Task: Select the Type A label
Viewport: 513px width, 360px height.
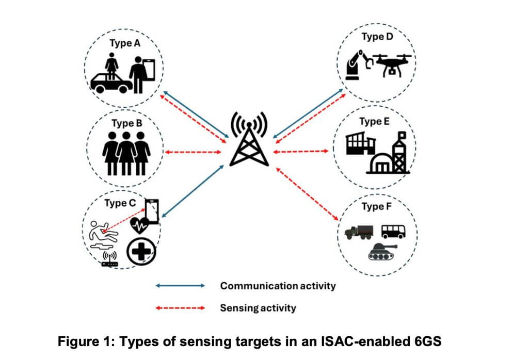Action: tap(124, 43)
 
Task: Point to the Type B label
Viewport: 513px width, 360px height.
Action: tap(126, 124)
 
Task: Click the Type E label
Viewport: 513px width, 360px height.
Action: tap(371, 122)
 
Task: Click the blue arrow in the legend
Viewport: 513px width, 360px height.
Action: tap(181, 285)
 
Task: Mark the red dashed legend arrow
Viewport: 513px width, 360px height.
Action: tap(181, 308)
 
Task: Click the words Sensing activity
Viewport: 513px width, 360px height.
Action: tap(258, 308)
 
